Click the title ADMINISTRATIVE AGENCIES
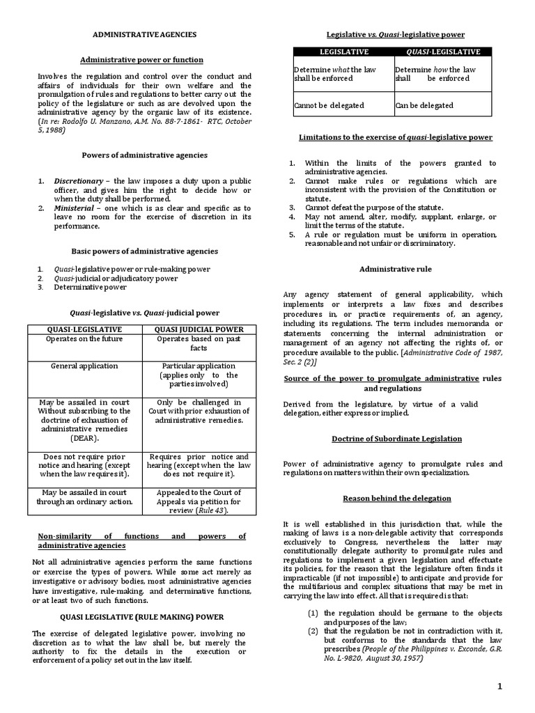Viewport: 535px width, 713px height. tap(145, 33)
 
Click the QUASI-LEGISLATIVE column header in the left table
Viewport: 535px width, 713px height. tap(84, 329)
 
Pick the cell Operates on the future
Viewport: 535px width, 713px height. tap(84, 338)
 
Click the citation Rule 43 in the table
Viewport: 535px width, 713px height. tap(212, 509)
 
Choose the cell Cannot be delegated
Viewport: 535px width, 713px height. tap(325, 106)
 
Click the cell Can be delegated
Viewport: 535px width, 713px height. tap(424, 106)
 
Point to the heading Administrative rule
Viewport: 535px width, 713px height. tap(391, 268)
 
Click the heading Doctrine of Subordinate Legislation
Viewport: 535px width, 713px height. tap(391, 438)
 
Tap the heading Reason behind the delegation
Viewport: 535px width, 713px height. tap(391, 499)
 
